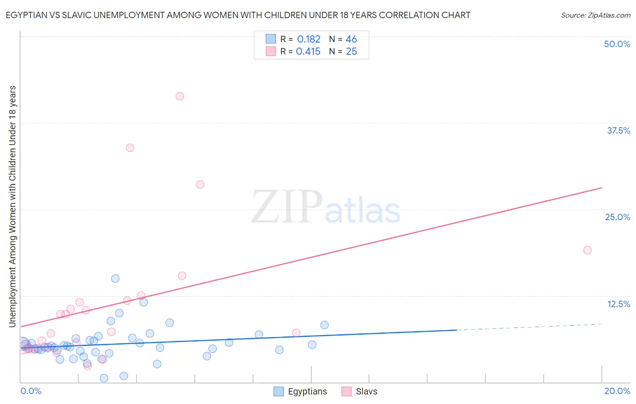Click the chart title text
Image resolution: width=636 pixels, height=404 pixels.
[x=238, y=15]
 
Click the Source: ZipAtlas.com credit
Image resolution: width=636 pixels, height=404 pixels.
[x=595, y=15]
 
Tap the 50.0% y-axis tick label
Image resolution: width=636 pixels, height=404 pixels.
[x=617, y=44]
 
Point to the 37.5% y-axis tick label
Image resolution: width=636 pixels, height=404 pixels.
[x=618, y=130]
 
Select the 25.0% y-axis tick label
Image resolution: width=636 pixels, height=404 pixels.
[x=617, y=217]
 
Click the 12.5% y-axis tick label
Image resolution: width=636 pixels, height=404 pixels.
[x=618, y=304]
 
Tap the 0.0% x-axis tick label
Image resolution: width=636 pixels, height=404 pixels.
[x=31, y=391]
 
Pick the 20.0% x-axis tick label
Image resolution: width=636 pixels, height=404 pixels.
[x=617, y=391]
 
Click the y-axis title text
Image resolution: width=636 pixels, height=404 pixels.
[x=12, y=206]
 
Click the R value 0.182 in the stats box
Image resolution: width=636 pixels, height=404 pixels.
[x=309, y=39]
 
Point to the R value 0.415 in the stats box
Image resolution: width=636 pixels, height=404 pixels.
[x=308, y=52]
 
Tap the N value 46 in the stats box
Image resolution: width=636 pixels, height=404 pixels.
[x=351, y=39]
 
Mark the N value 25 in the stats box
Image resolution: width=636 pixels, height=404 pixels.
[x=351, y=52]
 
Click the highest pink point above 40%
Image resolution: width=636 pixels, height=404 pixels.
[x=180, y=96]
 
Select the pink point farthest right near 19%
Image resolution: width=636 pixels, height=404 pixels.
[x=587, y=250]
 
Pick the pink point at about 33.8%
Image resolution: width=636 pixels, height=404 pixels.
[x=130, y=148]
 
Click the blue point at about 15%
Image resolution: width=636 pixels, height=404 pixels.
[x=115, y=279]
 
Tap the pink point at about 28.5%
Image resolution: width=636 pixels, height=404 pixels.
[x=200, y=184]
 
